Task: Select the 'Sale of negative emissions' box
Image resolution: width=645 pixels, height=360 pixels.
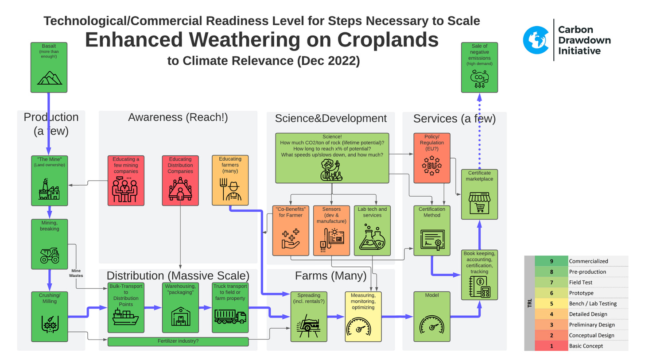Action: click(479, 67)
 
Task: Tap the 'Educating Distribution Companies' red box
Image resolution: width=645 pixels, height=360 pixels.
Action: click(180, 180)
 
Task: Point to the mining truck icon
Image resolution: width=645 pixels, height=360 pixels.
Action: click(50, 254)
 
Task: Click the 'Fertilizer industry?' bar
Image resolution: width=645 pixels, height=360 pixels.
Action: click(178, 341)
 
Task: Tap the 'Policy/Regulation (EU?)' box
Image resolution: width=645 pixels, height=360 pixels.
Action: click(431, 158)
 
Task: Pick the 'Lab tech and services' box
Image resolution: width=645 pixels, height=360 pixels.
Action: click(372, 230)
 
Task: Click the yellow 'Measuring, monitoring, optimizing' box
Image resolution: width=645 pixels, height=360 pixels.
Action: click(363, 316)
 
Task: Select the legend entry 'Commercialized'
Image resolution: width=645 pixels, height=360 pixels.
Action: click(588, 261)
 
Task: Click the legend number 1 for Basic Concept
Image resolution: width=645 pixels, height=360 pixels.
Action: click(551, 346)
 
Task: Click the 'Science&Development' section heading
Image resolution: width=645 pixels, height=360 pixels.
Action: click(330, 118)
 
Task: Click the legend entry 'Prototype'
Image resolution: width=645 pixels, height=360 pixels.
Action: click(581, 293)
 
